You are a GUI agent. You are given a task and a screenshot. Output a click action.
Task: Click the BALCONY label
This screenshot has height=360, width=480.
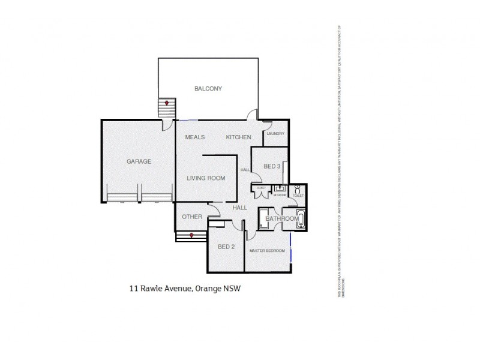point(208,89)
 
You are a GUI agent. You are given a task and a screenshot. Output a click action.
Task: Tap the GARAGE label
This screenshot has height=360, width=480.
point(139,161)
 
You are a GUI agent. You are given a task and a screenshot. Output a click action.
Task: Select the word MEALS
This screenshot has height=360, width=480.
point(196,137)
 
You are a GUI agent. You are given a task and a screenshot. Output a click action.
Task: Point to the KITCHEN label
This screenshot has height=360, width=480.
point(238,137)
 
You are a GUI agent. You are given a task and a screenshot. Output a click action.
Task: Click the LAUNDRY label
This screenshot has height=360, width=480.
point(275,134)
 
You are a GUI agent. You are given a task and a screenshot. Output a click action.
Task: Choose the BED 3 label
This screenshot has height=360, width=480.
point(272,166)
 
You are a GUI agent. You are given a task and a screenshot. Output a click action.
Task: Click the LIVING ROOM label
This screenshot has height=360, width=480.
point(205,178)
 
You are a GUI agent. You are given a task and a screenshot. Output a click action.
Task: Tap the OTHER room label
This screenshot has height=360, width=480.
point(191,217)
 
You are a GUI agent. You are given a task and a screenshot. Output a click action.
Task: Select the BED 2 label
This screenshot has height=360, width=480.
point(225,247)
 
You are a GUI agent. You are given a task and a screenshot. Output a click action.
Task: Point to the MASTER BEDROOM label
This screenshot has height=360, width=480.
point(267,250)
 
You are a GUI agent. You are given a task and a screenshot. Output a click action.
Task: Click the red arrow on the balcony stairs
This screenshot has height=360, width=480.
point(167,103)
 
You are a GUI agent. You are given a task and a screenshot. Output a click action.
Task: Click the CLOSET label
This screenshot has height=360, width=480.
point(261,188)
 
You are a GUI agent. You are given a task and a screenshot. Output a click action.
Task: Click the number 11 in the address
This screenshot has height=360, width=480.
point(134,289)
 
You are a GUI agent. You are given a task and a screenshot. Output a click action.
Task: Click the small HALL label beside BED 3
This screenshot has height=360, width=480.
point(245,170)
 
